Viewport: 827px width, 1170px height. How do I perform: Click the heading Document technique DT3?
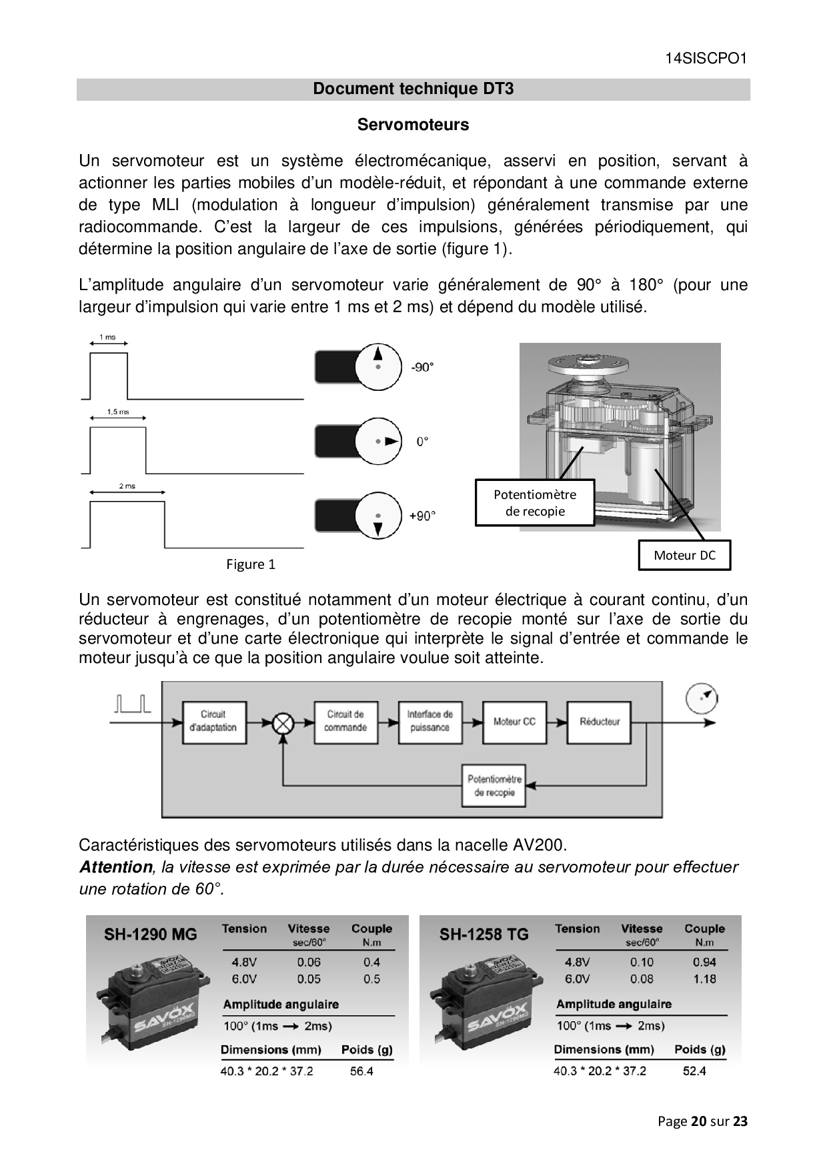point(413,89)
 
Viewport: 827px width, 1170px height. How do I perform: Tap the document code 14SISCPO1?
point(706,58)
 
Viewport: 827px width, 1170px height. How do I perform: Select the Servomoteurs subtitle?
point(413,125)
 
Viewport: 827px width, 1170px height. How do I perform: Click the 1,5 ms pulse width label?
point(118,412)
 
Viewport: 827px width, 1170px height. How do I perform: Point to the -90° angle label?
point(422,367)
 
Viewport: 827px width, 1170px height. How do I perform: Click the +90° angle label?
point(422,516)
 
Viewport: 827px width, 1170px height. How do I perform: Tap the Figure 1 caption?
point(251,564)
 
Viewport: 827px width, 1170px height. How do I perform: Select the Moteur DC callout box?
point(684,555)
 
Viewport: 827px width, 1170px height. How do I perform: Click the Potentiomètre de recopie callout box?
point(535,503)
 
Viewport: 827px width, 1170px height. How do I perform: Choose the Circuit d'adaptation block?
point(213,721)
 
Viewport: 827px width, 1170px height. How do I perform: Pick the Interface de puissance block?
point(430,721)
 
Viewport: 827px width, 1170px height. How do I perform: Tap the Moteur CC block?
point(514,721)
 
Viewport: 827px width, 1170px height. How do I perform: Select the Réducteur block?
point(599,721)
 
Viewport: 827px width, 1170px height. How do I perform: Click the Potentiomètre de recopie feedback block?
point(494,785)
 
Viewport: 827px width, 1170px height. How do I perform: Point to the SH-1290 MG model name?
point(151,934)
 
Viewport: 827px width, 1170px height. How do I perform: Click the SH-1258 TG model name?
point(484,934)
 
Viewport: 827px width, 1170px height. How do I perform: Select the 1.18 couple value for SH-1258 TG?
point(704,979)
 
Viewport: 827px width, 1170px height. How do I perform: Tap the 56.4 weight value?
point(361,1071)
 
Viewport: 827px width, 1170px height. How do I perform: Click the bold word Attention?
point(116,867)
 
